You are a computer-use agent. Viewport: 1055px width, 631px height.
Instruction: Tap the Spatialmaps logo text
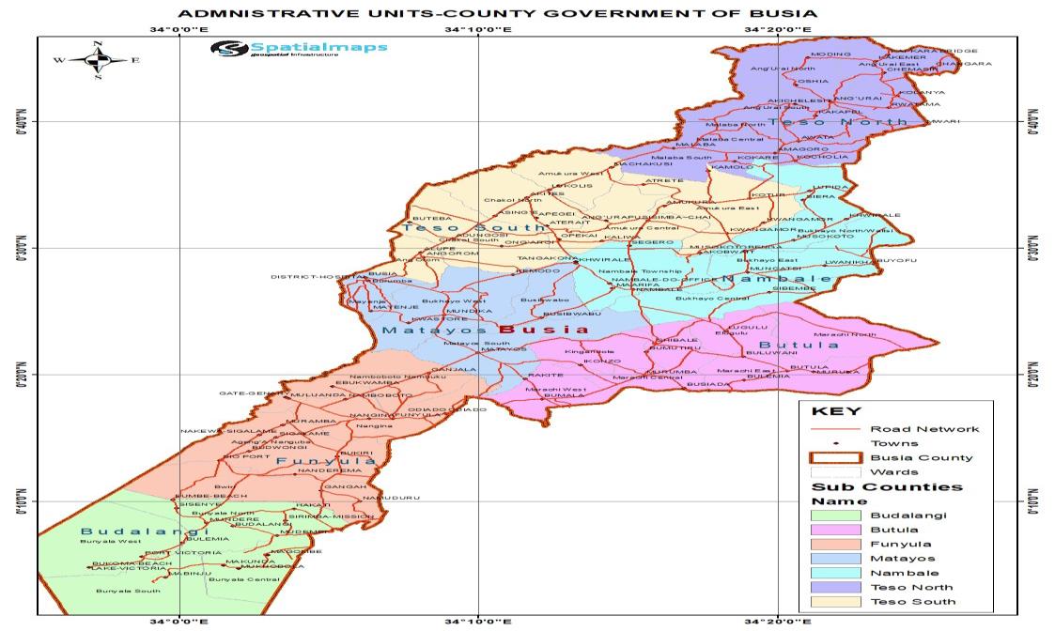tap(318, 47)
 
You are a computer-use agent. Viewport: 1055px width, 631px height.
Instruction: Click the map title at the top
tap(497, 13)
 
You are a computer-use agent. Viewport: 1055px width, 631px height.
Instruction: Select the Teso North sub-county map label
tap(812, 122)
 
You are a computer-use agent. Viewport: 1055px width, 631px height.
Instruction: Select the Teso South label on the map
tap(473, 227)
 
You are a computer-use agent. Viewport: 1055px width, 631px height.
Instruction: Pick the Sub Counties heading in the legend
tap(887, 486)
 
